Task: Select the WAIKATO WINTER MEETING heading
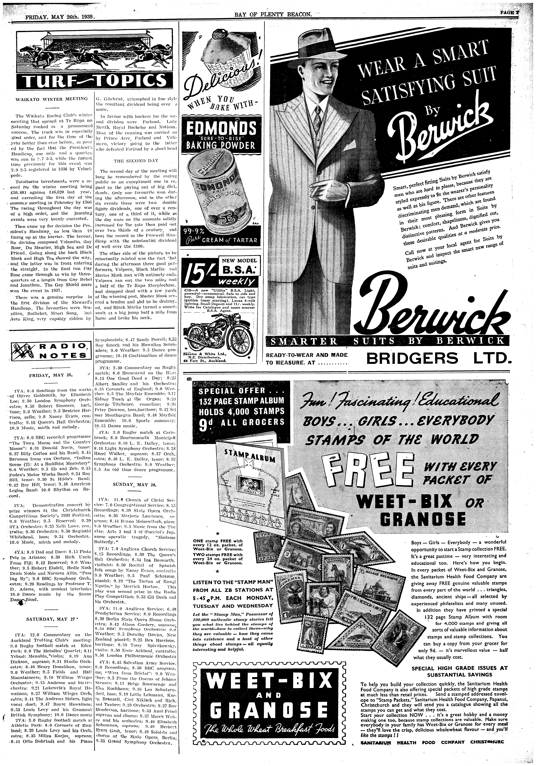52,99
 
